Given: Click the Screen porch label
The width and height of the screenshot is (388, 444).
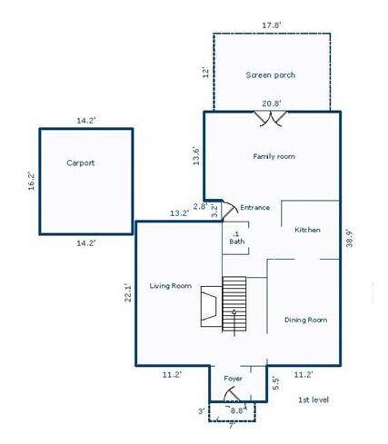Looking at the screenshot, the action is [x=270, y=75].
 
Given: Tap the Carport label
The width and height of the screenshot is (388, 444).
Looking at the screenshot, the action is [x=81, y=163].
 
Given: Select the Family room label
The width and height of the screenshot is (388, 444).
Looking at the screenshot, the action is [x=274, y=156].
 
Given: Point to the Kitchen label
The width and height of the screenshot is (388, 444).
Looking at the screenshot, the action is [x=307, y=230].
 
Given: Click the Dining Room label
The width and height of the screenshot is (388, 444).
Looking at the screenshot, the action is [x=305, y=320].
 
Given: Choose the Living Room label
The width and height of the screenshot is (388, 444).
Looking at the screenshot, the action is [x=171, y=286].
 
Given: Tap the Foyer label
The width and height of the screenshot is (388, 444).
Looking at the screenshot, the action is [x=233, y=379].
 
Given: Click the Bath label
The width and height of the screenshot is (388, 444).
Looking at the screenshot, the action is [x=237, y=242].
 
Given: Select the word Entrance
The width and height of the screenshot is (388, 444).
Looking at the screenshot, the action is [x=254, y=207].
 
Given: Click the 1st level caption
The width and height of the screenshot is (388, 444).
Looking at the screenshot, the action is [x=313, y=400].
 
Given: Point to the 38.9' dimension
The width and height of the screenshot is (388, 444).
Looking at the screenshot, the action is [x=350, y=239].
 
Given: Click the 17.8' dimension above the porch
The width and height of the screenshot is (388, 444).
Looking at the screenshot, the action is [x=272, y=25].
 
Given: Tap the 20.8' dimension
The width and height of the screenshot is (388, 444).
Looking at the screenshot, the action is [x=272, y=104].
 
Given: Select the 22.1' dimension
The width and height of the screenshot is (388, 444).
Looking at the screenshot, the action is [x=128, y=292].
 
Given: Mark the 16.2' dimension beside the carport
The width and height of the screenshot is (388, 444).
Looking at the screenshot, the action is [x=31, y=181].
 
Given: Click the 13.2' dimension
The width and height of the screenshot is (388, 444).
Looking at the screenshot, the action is [x=179, y=213].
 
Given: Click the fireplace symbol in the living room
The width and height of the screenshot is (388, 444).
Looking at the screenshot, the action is [x=211, y=306].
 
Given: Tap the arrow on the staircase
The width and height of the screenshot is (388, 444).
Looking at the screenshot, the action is [x=234, y=322].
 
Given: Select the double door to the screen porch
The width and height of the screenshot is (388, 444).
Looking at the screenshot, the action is [x=270, y=119].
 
